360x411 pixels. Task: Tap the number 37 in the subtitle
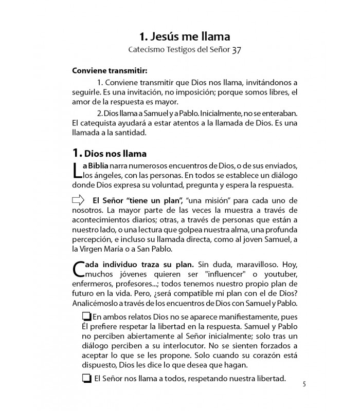(x=237, y=50)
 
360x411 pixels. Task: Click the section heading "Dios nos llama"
(x=115, y=153)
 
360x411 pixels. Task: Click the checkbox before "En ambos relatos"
(x=87, y=316)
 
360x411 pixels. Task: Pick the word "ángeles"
(x=103, y=176)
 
